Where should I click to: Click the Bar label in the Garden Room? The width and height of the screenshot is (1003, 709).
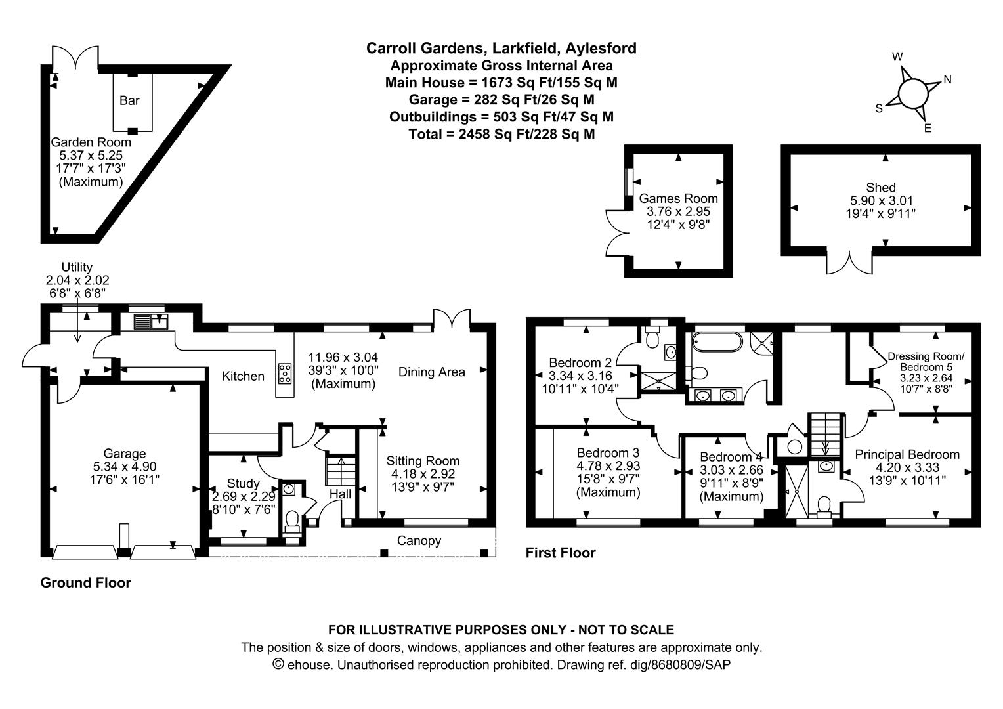129,100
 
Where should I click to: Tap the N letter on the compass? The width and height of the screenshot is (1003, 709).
947,79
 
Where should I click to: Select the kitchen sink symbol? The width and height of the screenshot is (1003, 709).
151,322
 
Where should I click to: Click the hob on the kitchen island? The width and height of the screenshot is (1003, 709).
285,374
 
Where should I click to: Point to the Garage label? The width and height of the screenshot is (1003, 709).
124,454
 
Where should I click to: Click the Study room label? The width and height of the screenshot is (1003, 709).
243,484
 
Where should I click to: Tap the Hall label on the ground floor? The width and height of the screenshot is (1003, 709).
340,494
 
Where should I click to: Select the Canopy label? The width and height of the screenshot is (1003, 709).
419,540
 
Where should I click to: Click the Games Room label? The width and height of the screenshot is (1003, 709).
678,198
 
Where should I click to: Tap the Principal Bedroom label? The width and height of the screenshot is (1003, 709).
907,454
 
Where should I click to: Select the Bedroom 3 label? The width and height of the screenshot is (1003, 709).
607,452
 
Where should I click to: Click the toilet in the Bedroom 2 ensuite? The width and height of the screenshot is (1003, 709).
652,339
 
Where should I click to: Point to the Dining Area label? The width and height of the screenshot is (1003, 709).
431,372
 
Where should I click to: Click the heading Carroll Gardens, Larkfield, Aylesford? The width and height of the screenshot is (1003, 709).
501,48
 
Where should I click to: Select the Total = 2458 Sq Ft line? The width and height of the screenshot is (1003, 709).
501,134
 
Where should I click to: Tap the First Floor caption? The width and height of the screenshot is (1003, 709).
560,553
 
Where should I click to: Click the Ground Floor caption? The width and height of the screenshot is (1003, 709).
85,582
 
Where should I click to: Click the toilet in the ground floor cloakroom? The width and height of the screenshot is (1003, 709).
292,521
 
